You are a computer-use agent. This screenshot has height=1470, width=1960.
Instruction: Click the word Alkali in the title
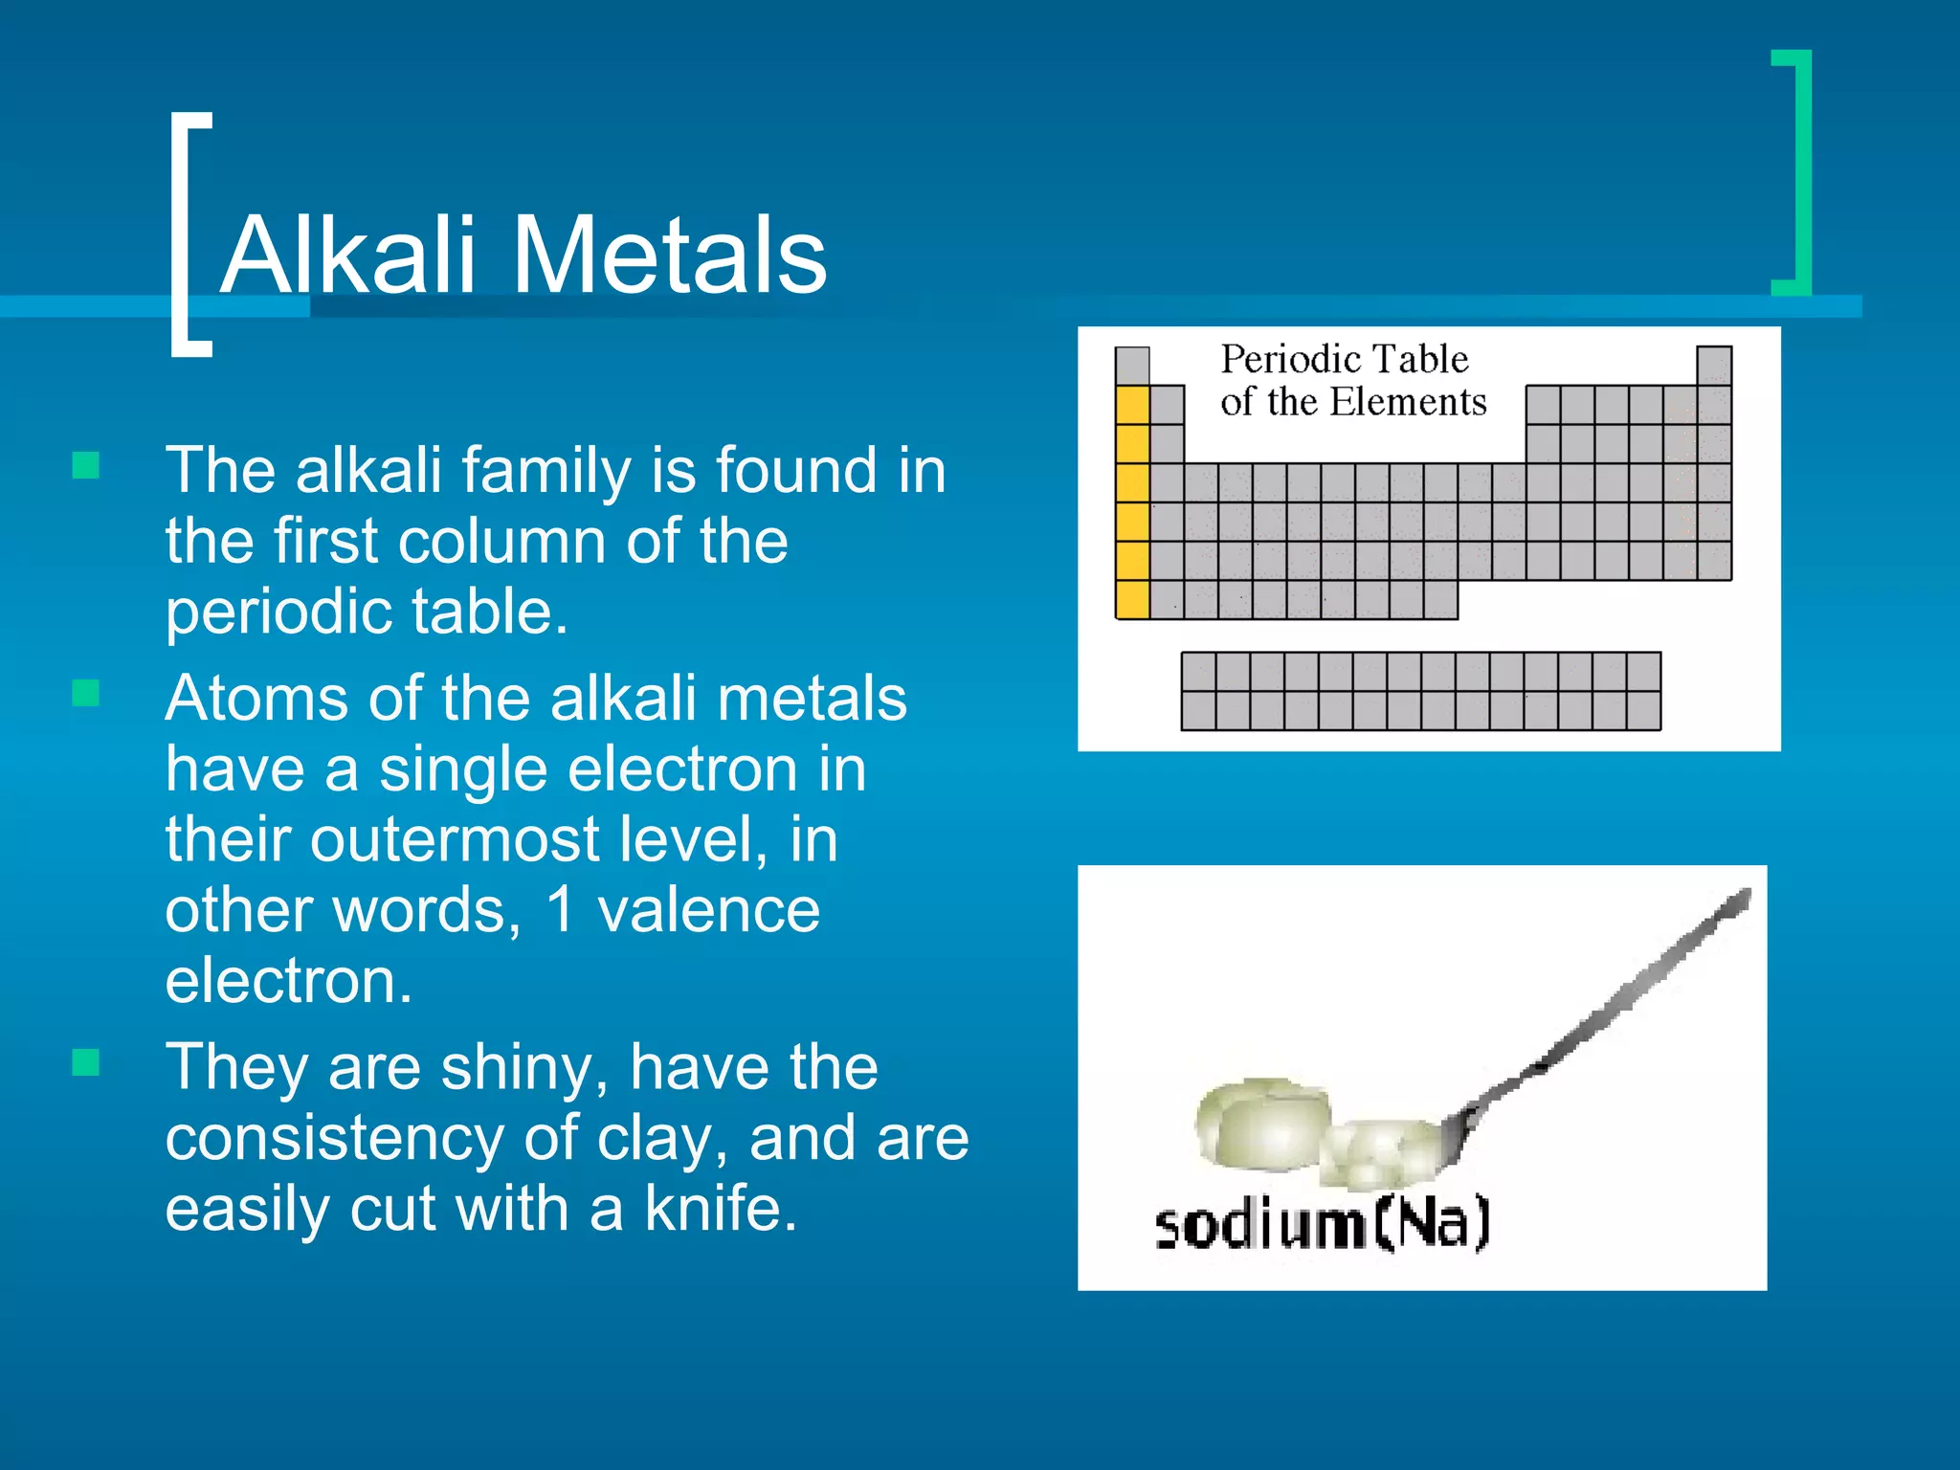(347, 256)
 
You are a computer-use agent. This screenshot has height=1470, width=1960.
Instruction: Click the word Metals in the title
(670, 256)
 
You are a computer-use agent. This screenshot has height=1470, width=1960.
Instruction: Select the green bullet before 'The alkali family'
(86, 466)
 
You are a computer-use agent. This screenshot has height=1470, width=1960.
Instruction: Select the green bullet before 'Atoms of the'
(86, 693)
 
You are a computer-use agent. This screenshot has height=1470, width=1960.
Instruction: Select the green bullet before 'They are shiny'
(86, 1062)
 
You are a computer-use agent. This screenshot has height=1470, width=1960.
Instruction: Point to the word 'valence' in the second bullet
(708, 909)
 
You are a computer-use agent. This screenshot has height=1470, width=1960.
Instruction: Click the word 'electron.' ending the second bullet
(288, 981)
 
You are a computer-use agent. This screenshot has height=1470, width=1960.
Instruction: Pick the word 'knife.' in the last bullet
(720, 1209)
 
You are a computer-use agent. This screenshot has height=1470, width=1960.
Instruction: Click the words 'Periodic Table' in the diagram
(1344, 360)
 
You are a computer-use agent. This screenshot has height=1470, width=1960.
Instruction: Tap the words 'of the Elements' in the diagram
(1353, 402)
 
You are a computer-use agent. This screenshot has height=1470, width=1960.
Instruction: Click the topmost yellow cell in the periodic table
(1132, 405)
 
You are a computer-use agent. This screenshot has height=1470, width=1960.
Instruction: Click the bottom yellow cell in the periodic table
(1132, 599)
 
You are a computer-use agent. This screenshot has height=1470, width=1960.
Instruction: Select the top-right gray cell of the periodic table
(1713, 366)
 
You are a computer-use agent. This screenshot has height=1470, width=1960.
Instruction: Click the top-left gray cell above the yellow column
(1132, 366)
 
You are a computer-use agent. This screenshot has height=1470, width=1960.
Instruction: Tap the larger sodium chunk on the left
(1261, 1125)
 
